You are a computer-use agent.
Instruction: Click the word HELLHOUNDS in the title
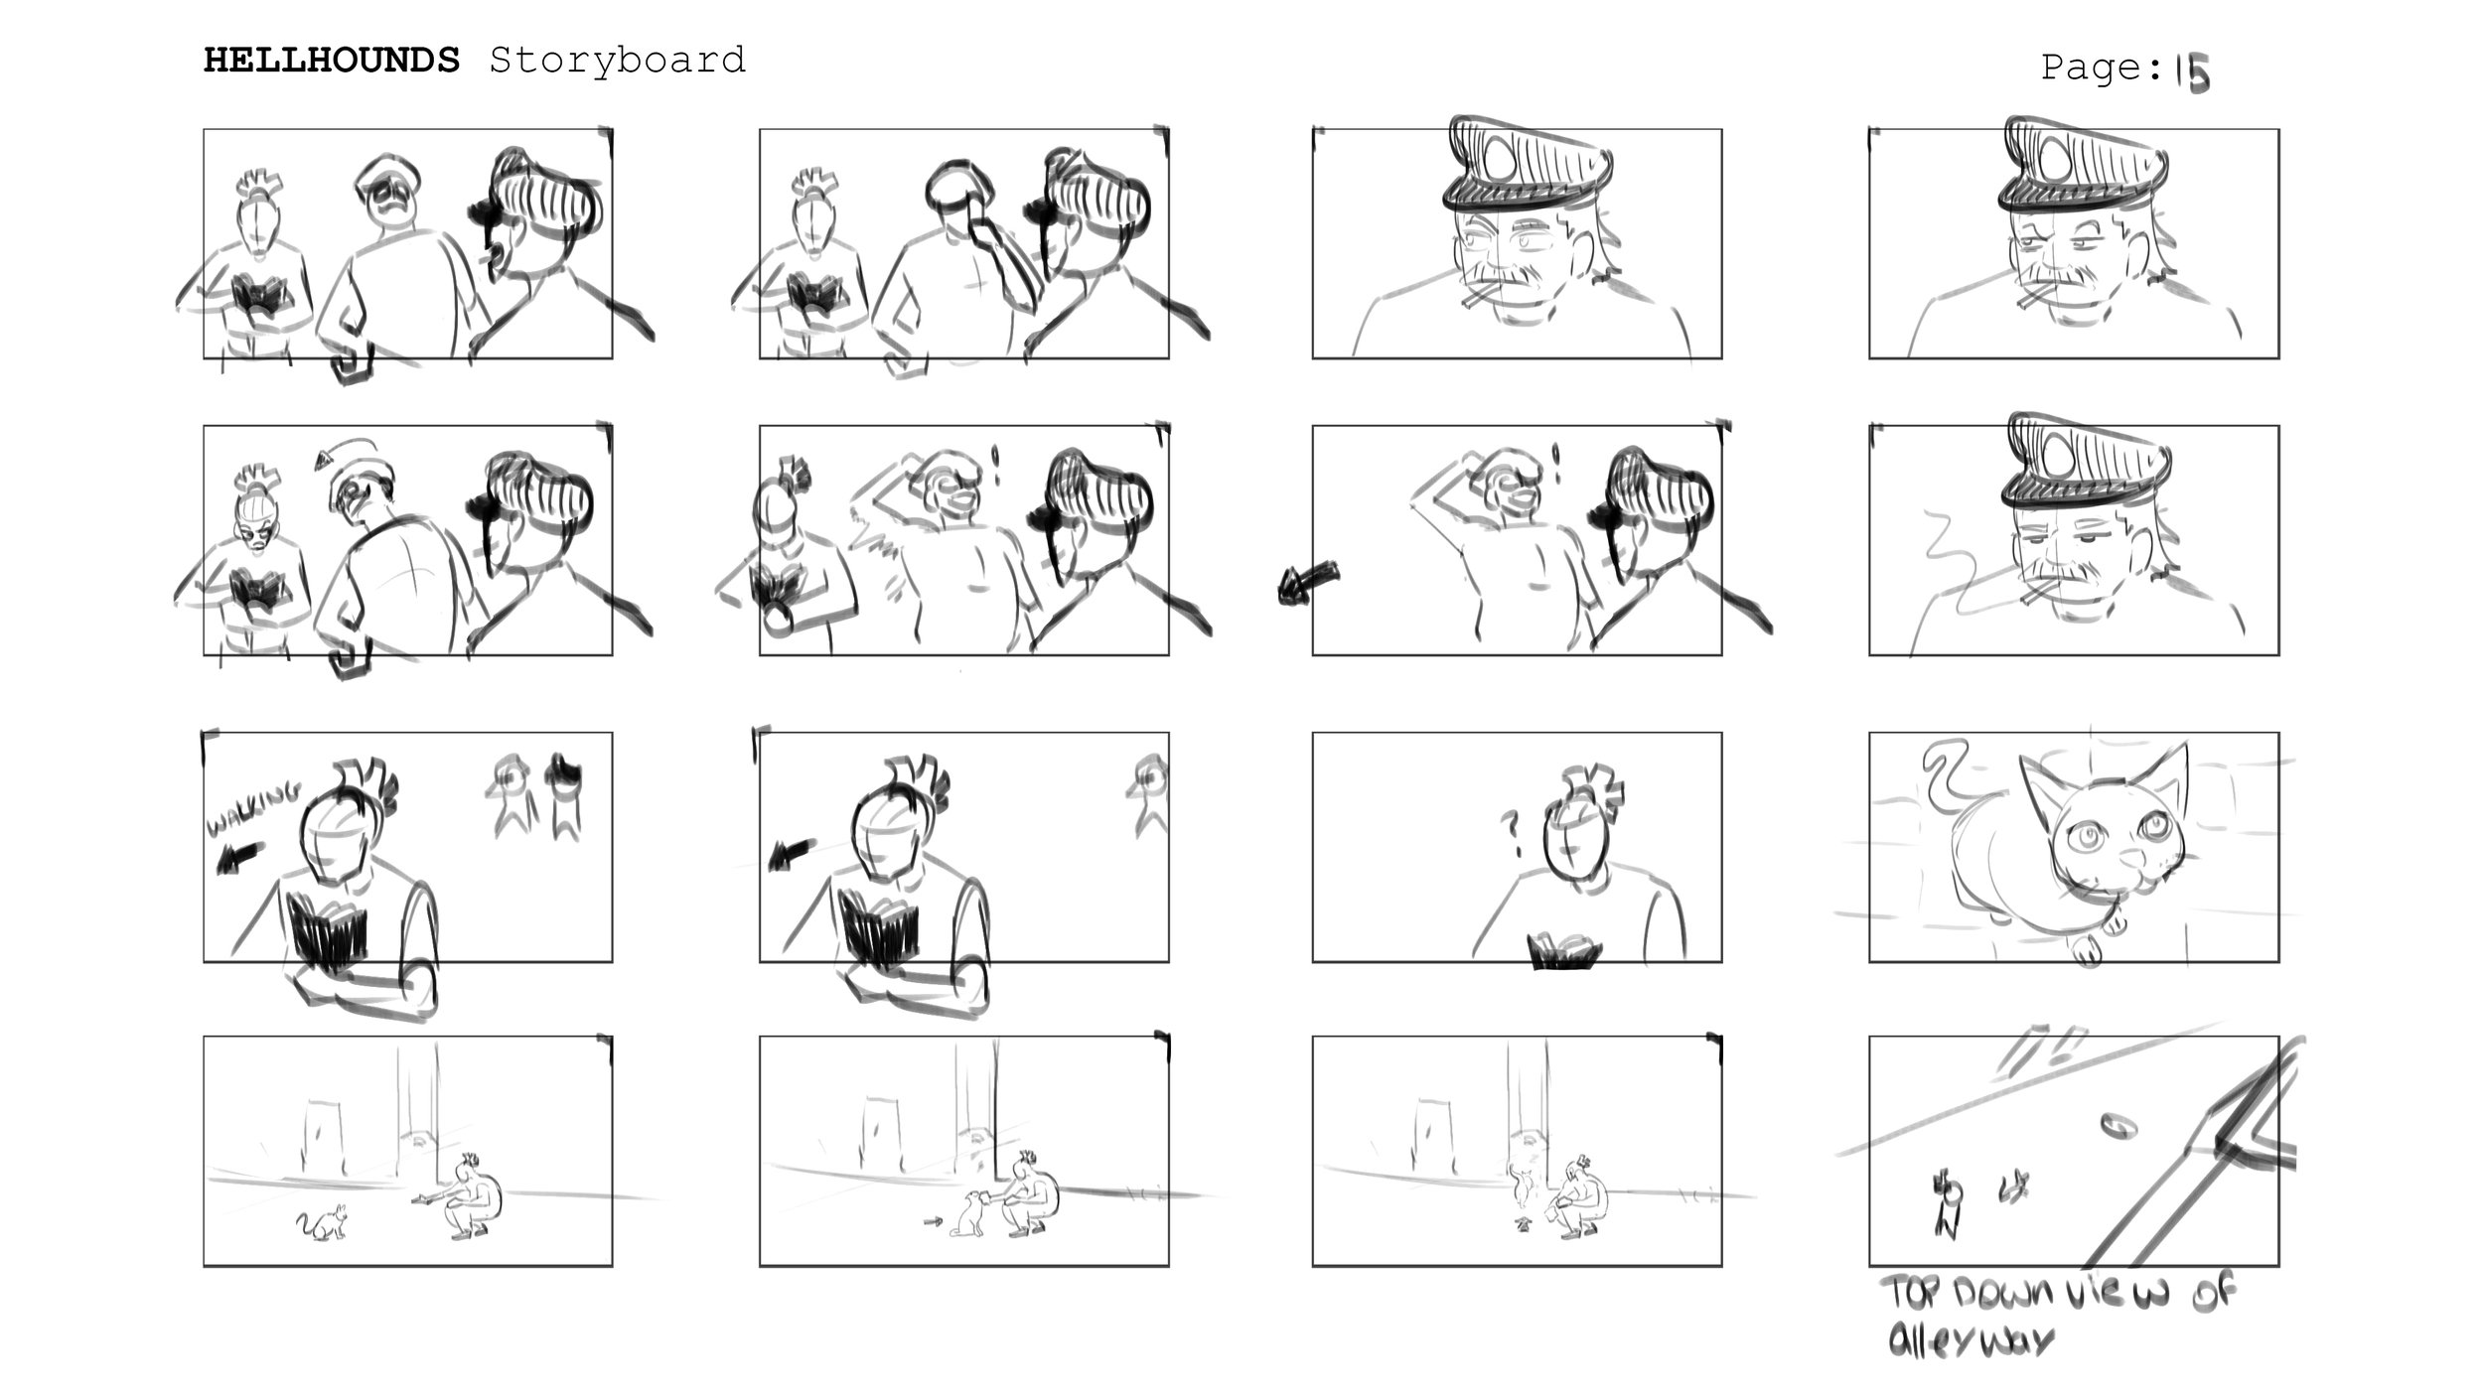click(332, 62)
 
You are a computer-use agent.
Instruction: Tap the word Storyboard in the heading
click(617, 63)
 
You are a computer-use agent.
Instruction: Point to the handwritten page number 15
click(2193, 72)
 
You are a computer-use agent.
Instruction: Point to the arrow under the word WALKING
click(239, 858)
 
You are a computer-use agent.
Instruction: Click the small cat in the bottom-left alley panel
click(323, 1223)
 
